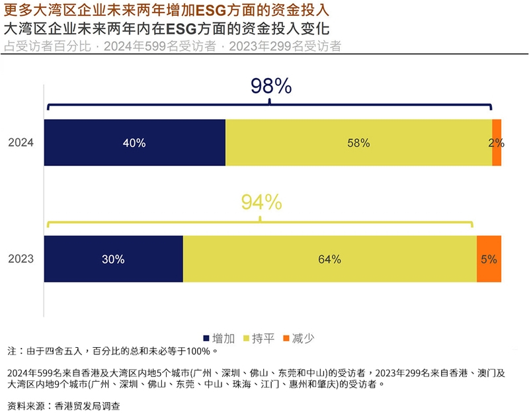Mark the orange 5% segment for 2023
(489, 259)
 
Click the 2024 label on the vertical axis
(20, 143)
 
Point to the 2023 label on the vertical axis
(20, 259)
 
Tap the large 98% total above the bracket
(270, 86)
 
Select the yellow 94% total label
(261, 202)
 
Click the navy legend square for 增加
(207, 339)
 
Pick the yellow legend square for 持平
(247, 339)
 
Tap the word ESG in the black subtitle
(179, 30)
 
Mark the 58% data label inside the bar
(358, 143)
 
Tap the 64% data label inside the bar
(329, 259)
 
